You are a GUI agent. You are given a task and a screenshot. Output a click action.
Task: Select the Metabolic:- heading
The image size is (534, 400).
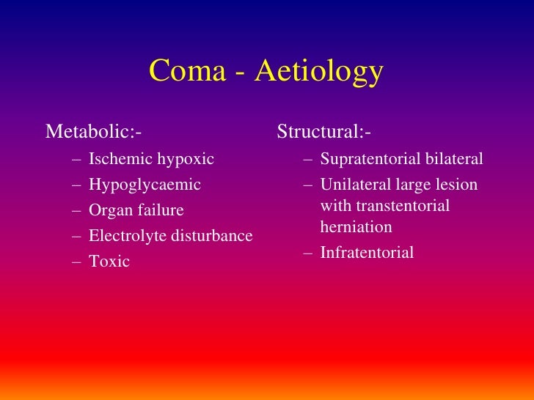click(x=93, y=132)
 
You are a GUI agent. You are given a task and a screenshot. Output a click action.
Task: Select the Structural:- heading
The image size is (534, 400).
click(x=323, y=132)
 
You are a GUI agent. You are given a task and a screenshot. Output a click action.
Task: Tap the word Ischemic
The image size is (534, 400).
click(x=118, y=159)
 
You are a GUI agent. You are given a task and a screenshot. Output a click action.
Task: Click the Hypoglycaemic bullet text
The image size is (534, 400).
click(x=145, y=185)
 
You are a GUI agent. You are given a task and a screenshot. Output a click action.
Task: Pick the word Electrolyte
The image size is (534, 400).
click(x=124, y=236)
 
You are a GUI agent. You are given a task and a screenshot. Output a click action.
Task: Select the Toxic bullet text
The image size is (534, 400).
click(x=109, y=262)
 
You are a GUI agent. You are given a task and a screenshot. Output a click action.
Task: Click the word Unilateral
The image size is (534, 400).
click(x=354, y=185)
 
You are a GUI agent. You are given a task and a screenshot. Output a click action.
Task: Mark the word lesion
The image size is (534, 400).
click(x=458, y=185)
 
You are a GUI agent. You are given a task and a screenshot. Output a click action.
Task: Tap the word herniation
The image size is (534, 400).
click(x=356, y=227)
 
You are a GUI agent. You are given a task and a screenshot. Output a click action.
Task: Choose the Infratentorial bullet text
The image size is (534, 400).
click(x=367, y=253)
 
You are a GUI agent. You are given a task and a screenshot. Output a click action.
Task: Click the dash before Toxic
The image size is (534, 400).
click(x=77, y=262)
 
